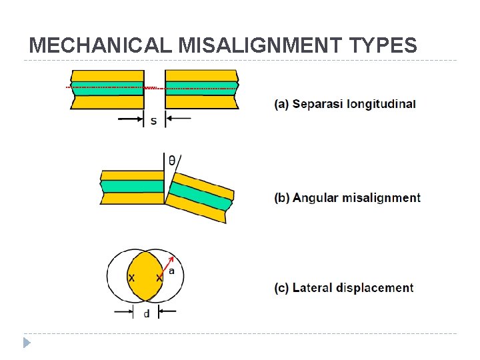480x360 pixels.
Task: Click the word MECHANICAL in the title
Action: (101, 45)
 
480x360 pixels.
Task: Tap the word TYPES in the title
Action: (382, 45)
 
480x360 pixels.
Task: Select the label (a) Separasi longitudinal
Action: (345, 104)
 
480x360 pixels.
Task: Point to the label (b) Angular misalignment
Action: (347, 198)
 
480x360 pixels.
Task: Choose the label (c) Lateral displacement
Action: (343, 288)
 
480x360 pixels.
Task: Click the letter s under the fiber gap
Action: (154, 121)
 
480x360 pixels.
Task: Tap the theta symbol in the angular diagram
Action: (172, 161)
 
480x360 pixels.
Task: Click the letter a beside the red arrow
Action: (171, 271)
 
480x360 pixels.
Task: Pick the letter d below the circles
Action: (146, 313)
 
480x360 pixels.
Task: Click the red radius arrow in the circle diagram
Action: (167, 266)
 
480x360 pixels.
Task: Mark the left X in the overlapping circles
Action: (131, 277)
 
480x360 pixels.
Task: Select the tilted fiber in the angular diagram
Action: (200, 197)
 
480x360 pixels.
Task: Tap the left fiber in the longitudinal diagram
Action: (107, 89)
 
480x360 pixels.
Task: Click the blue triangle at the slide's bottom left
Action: (27, 343)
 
